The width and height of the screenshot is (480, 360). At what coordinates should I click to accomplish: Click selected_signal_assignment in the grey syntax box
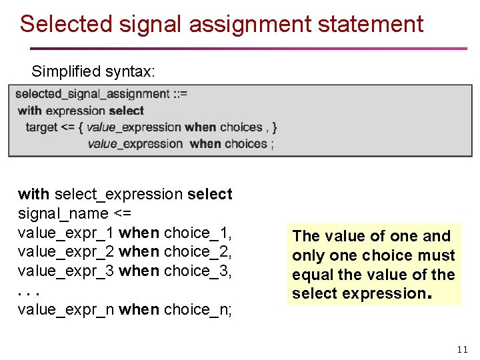tap(92, 94)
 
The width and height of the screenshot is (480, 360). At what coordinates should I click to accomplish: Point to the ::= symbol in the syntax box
tap(180, 94)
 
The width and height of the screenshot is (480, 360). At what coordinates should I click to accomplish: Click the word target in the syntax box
tap(41, 127)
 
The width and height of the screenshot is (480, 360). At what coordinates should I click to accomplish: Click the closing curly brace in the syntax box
tap(275, 127)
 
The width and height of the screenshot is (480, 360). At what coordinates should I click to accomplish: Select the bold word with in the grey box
tap(29, 111)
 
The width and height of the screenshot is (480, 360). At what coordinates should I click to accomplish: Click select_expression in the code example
tap(119, 195)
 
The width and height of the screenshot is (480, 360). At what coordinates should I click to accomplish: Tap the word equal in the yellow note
tap(311, 275)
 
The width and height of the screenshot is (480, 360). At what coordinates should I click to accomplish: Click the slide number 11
tap(463, 350)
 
